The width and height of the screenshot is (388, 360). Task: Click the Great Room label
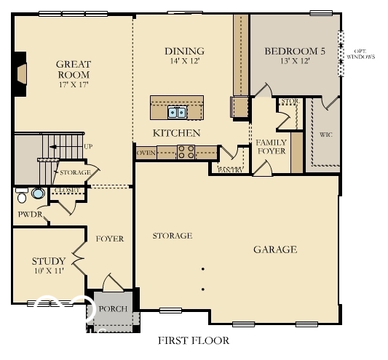point(73,69)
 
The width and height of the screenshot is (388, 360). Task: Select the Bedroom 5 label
point(295,51)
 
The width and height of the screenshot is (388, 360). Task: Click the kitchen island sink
point(177,112)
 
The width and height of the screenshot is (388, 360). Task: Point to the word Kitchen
point(176,133)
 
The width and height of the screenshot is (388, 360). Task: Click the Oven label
point(146,153)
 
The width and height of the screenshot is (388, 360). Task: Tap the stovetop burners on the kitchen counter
point(186,152)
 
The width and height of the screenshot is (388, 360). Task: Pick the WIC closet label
point(325,135)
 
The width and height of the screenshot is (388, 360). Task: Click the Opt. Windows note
point(360,53)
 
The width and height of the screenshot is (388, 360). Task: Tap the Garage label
point(274,249)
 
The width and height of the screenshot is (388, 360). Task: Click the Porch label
point(113,309)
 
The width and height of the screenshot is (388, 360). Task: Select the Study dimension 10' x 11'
point(48,271)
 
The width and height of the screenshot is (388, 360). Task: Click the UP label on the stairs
point(88,147)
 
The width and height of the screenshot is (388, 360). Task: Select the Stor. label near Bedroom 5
point(289,102)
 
